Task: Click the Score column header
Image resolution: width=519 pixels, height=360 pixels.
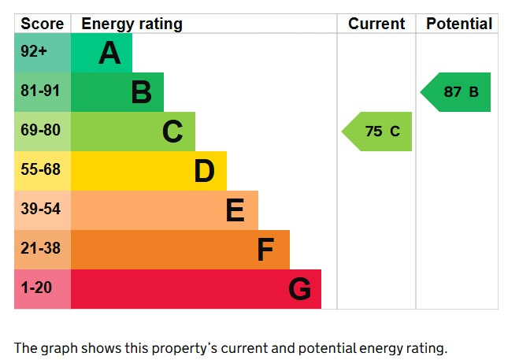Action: click(43, 24)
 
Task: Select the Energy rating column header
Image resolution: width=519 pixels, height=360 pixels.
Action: click(132, 24)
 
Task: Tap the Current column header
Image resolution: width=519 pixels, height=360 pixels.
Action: click(376, 24)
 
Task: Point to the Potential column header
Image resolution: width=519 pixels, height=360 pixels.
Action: click(459, 24)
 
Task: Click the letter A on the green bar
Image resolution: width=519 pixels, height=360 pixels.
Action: click(109, 54)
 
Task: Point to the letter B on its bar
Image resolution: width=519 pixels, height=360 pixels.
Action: click(141, 93)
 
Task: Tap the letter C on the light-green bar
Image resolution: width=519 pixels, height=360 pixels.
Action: click(172, 132)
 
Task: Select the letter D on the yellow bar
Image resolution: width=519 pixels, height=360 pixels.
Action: click(204, 172)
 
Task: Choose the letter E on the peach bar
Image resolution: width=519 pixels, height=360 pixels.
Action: click(235, 211)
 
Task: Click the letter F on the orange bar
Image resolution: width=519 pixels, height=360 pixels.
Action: click(265, 251)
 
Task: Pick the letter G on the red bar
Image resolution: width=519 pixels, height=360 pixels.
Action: click(299, 290)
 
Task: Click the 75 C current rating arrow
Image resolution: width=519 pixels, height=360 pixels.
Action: click(378, 132)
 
